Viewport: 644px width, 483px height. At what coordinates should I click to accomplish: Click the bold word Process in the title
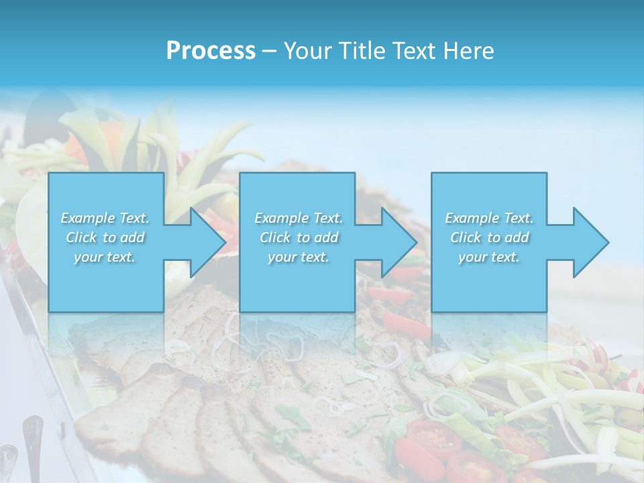tap(211, 51)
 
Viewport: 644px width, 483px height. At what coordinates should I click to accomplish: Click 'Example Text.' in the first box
tap(105, 218)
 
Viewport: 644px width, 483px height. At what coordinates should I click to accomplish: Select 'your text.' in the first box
tap(105, 257)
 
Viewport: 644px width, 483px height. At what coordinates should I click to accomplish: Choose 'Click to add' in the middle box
tap(299, 237)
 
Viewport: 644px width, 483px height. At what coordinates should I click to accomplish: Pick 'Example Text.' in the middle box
tap(299, 218)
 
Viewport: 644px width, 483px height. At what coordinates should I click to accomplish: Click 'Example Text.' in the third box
tap(489, 218)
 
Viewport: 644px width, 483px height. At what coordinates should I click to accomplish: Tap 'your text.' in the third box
tap(489, 257)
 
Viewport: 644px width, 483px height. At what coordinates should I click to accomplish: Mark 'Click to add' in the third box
tap(489, 237)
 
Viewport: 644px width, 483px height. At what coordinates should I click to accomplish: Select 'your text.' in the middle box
tap(299, 257)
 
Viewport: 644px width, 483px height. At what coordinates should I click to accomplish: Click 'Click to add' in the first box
tap(105, 237)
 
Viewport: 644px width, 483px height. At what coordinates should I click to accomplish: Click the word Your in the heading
tap(307, 51)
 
